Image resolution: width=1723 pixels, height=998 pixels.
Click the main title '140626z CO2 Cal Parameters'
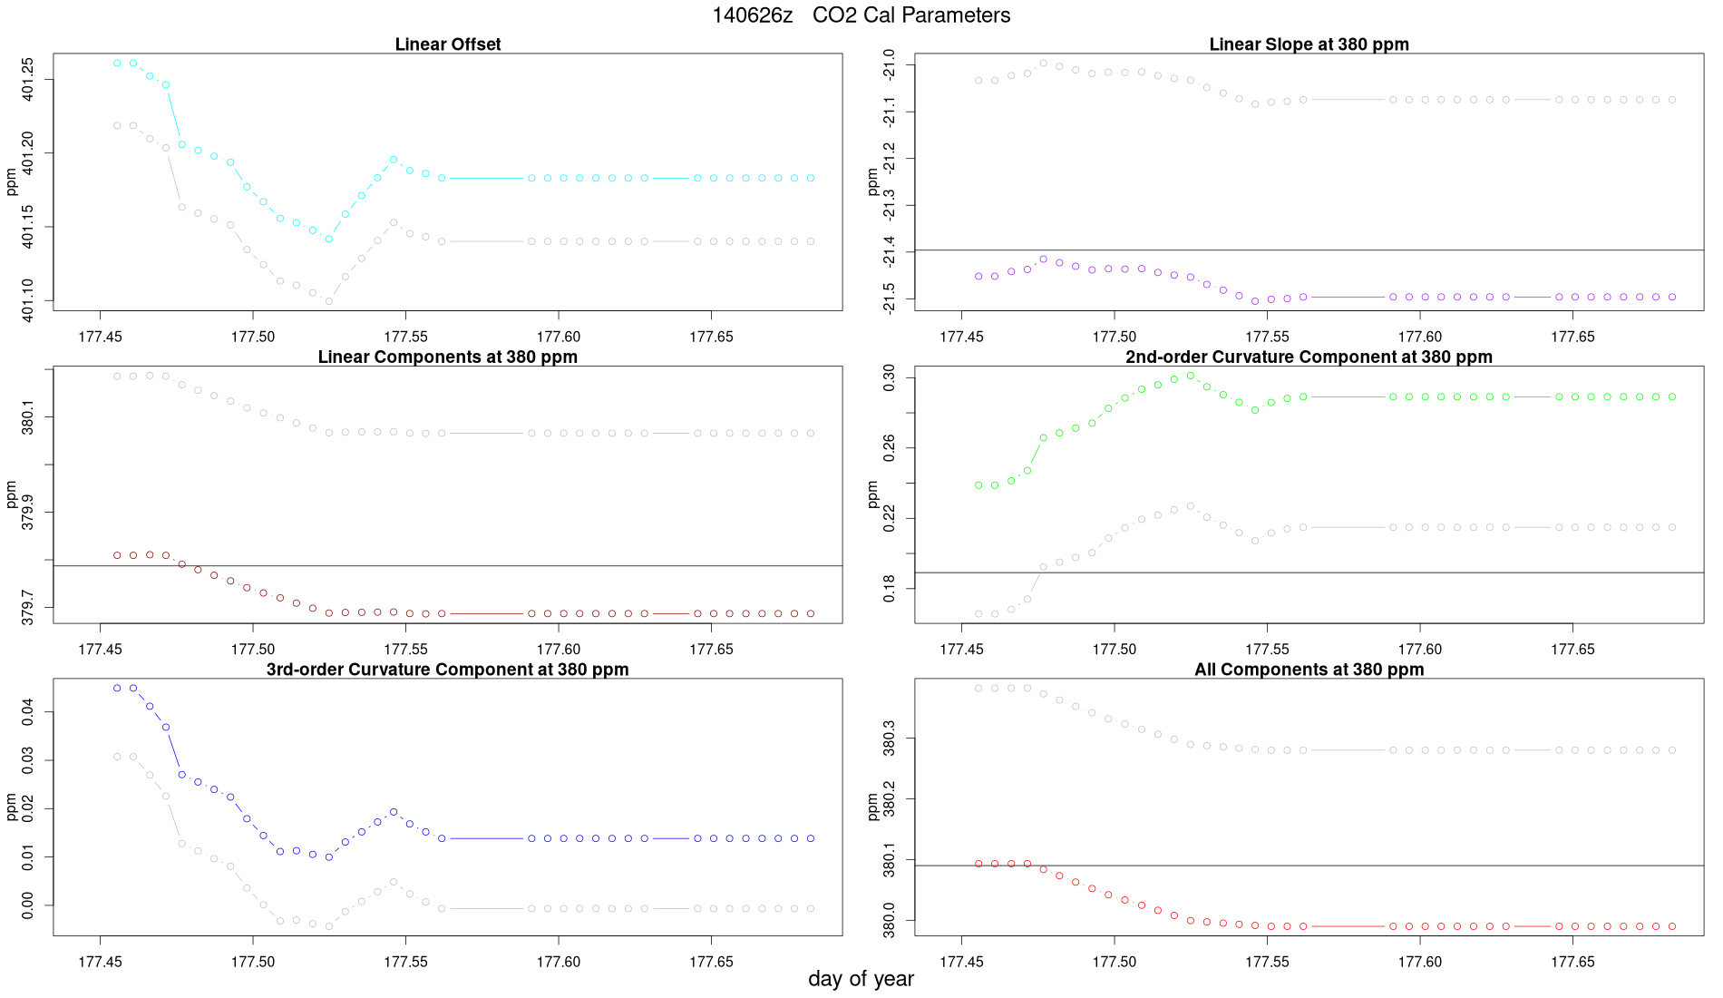pyautogui.click(x=861, y=15)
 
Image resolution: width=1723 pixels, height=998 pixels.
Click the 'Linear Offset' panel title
pyautogui.click(x=448, y=44)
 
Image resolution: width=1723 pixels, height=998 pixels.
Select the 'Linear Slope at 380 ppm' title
pyautogui.click(x=1309, y=44)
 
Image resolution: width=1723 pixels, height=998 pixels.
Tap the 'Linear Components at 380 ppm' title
pyautogui.click(x=448, y=357)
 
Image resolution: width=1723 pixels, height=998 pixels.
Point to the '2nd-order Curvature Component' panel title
pyautogui.click(x=1309, y=357)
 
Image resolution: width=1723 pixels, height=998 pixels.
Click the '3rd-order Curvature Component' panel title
pyautogui.click(x=448, y=670)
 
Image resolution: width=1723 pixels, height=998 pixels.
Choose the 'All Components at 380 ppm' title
pyautogui.click(x=1309, y=670)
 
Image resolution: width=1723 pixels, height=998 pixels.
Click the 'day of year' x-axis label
pyautogui.click(x=861, y=979)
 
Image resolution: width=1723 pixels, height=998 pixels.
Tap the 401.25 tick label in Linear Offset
pyautogui.click(x=27, y=79)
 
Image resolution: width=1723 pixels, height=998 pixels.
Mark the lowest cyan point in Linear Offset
pyautogui.click(x=329, y=240)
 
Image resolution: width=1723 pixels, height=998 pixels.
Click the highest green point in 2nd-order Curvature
pyautogui.click(x=1191, y=375)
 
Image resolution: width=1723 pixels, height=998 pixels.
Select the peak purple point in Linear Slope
pyautogui.click(x=1044, y=259)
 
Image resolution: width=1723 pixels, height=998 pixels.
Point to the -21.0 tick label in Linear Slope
pyautogui.click(x=889, y=64)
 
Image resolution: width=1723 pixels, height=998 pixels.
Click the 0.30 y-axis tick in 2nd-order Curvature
pyautogui.click(x=889, y=377)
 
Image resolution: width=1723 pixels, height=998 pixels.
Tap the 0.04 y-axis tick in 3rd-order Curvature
pyautogui.click(x=27, y=712)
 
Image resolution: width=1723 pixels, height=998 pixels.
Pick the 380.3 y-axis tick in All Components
pyautogui.click(x=889, y=739)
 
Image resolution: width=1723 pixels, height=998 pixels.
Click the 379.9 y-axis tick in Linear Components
pyautogui.click(x=27, y=513)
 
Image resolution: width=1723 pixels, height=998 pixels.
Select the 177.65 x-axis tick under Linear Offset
pyautogui.click(x=711, y=337)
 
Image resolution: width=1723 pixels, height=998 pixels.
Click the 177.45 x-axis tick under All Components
pyautogui.click(x=961, y=962)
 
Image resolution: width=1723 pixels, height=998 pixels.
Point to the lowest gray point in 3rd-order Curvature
pyautogui.click(x=329, y=926)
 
